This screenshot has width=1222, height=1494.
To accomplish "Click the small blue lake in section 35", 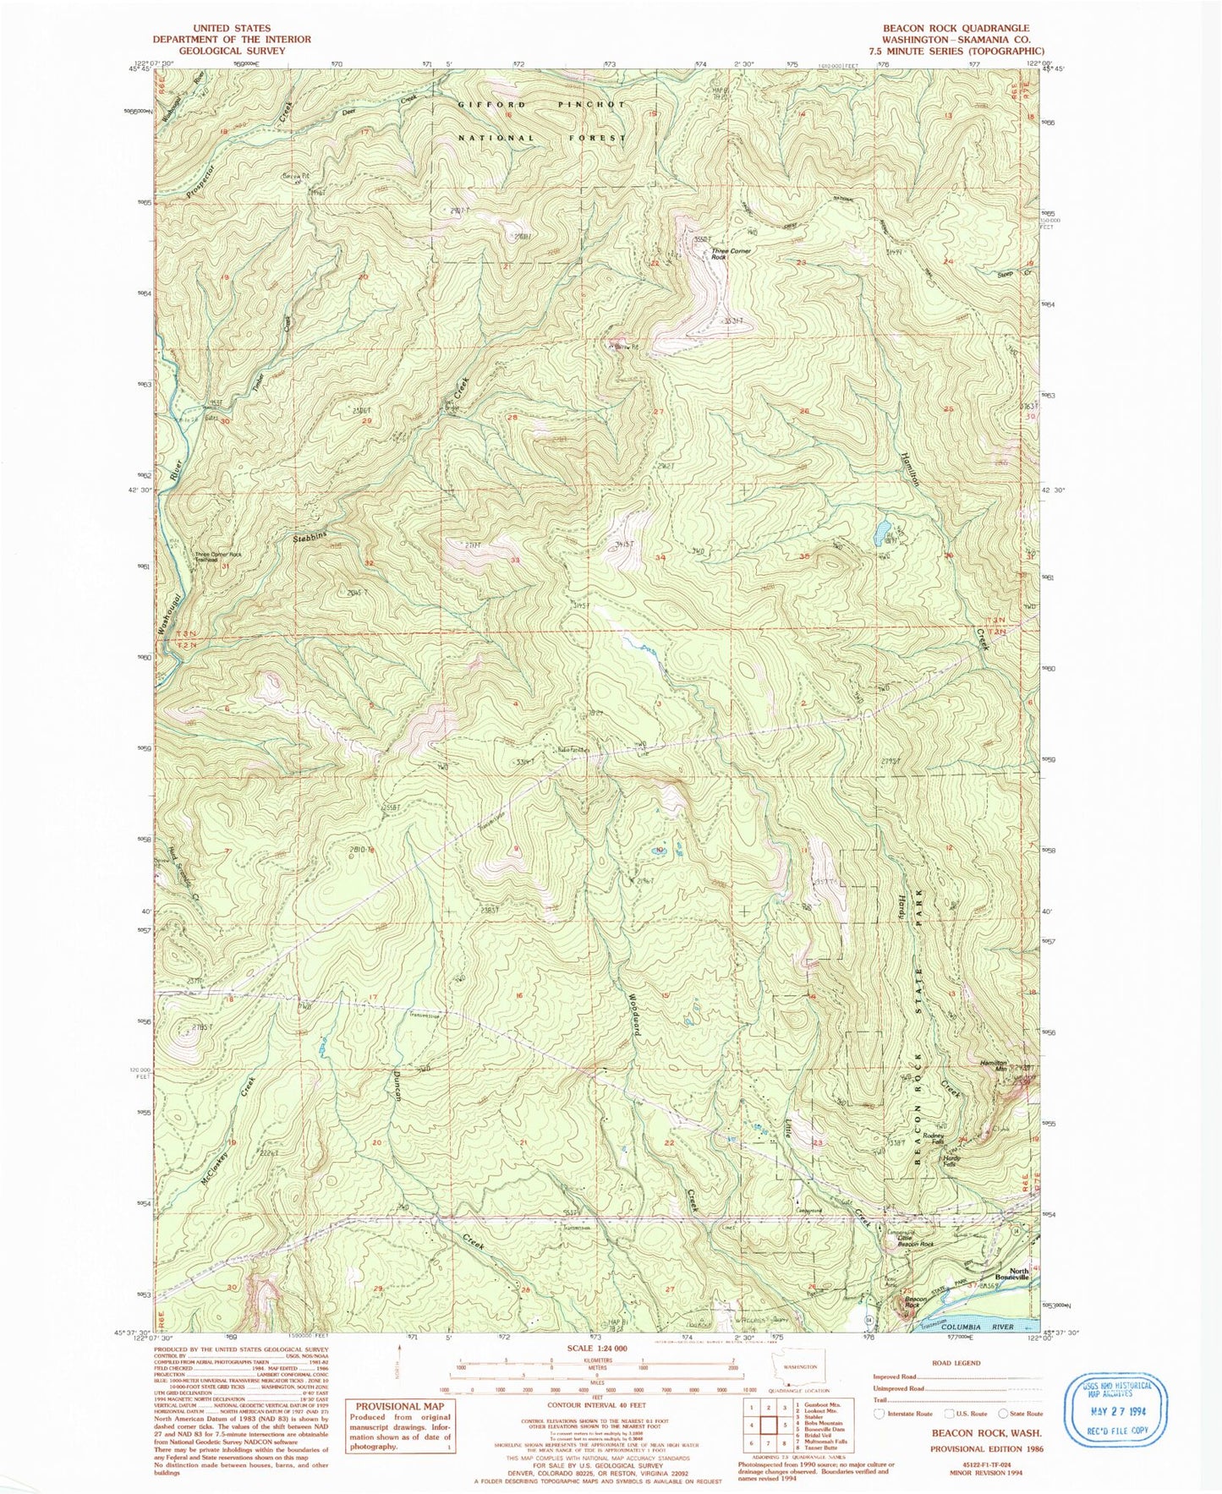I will click(881, 532).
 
